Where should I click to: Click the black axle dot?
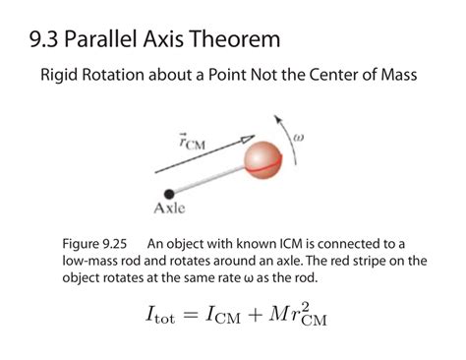point(170,193)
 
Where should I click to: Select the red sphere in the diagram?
point(263,158)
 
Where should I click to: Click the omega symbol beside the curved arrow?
point(299,139)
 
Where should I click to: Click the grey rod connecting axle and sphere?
point(210,177)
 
